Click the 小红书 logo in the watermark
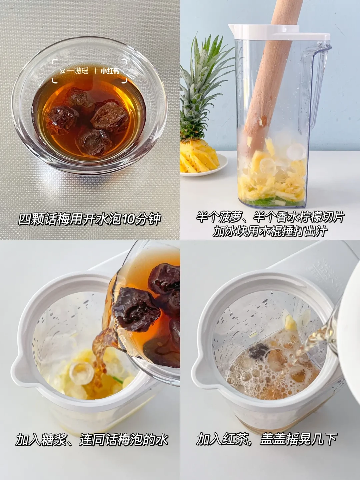pos(110,71)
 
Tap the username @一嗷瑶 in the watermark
pos(74,71)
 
